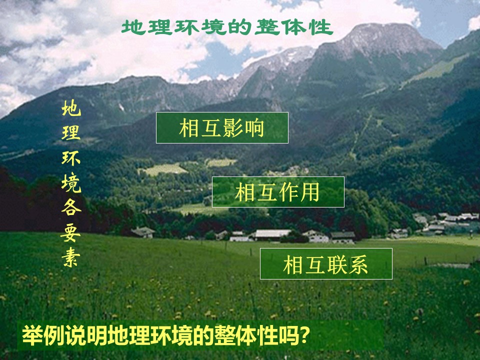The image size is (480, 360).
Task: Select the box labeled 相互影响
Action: click(222, 128)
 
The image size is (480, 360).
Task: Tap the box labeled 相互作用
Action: click(278, 192)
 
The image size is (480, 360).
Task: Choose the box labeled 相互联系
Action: click(326, 263)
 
